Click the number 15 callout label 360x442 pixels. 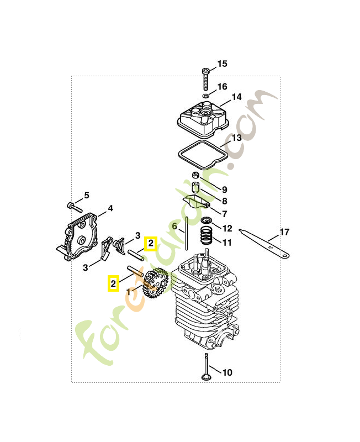(221, 64)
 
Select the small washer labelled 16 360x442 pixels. (205, 96)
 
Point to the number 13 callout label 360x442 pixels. (236, 138)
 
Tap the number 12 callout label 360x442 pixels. (227, 228)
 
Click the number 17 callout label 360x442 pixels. (284, 232)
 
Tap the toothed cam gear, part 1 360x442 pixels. (156, 283)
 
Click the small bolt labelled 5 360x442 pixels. (72, 207)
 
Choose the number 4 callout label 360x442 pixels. (110, 208)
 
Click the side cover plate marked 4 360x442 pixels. (81, 238)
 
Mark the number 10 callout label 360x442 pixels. (227, 372)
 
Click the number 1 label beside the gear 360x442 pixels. (129, 291)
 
